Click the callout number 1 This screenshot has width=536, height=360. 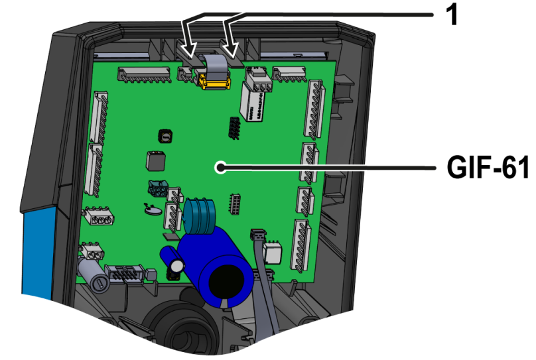click(452, 15)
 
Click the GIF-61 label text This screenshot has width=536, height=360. click(488, 167)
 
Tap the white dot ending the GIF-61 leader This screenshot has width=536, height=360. click(220, 167)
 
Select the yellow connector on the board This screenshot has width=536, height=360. click(214, 82)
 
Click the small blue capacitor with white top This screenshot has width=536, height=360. click(172, 260)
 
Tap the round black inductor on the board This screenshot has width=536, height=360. click(165, 137)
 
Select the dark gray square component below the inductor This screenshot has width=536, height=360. click(156, 161)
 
